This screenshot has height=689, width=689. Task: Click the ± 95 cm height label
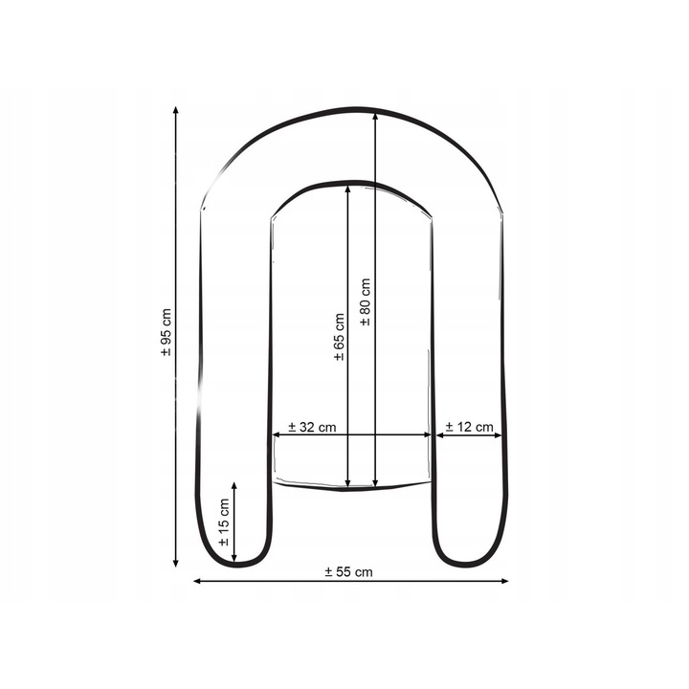tap(167, 332)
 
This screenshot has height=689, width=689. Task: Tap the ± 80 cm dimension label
tap(366, 301)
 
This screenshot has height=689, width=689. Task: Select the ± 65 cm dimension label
tap(339, 337)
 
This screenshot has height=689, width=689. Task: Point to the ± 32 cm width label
tap(312, 427)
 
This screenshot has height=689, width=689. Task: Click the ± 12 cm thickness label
tap(469, 427)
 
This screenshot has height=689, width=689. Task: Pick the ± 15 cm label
tap(224, 522)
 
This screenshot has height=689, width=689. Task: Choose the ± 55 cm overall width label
tap(348, 571)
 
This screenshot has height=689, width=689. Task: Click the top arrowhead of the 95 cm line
tap(176, 110)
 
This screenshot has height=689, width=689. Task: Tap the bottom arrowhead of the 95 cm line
tap(176, 563)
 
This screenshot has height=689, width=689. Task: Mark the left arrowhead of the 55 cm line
tap(197, 581)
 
